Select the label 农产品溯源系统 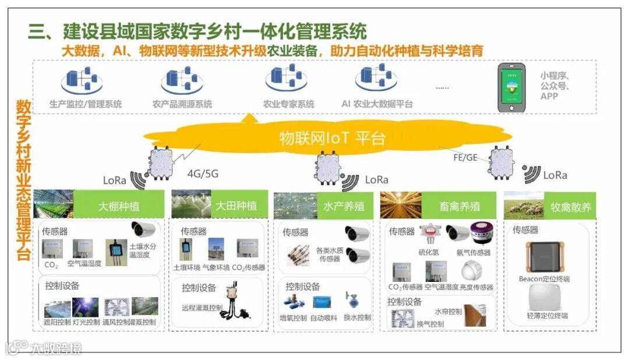coord(182,105)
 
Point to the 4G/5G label coord(203,174)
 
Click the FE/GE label coord(466,158)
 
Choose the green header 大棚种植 coord(119,206)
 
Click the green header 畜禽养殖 coord(460,206)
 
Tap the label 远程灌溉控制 coord(202,308)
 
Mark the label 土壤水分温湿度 coord(143,250)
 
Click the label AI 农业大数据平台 coord(377,105)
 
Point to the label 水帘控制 coord(448,312)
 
